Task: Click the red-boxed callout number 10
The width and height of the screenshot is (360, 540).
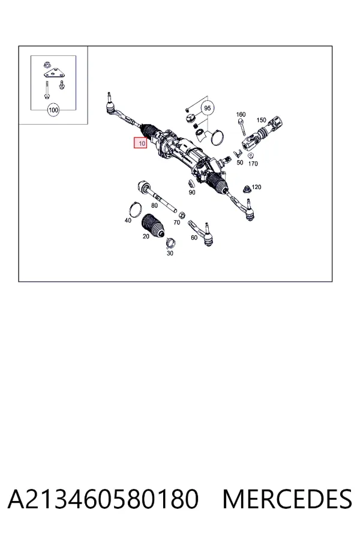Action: click(x=140, y=143)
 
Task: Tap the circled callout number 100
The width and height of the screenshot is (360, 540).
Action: click(x=53, y=110)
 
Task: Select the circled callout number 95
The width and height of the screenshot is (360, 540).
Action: click(x=207, y=108)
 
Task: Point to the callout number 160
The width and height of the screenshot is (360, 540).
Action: click(x=241, y=115)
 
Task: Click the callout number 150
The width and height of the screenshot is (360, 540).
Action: click(x=261, y=120)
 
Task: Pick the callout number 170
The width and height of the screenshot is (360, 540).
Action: click(x=253, y=164)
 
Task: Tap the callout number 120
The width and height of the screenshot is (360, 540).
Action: click(x=256, y=187)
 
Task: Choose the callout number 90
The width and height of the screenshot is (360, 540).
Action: click(x=192, y=193)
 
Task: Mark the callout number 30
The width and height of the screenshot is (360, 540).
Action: click(x=170, y=253)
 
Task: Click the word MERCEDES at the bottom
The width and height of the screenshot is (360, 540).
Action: click(x=287, y=499)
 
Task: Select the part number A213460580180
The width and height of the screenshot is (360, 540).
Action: click(x=103, y=499)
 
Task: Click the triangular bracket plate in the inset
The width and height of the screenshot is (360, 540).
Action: click(x=53, y=74)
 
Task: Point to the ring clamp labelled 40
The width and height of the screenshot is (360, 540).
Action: click(x=136, y=209)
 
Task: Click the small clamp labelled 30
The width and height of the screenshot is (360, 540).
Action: click(x=170, y=243)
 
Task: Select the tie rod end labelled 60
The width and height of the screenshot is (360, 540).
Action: click(x=201, y=232)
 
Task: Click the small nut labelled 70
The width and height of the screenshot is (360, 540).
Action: click(x=182, y=215)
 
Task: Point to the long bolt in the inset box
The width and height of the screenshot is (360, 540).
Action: click(x=46, y=89)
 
